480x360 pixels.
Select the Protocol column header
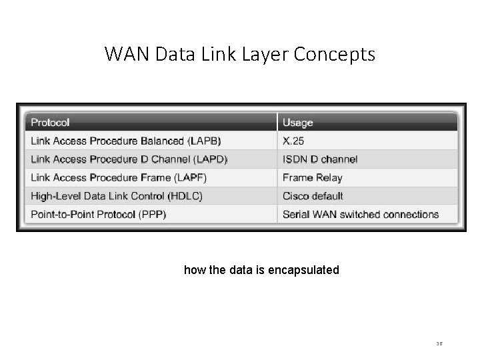50,123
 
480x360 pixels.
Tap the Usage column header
297,123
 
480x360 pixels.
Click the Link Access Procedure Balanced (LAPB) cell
126,141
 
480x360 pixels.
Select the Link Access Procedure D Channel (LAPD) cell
129,159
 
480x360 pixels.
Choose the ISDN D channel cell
319,159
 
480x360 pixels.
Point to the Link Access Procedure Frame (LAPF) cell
119,177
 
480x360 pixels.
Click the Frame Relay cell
312,177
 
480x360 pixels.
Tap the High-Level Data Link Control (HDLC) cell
117,196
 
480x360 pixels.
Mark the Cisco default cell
313,196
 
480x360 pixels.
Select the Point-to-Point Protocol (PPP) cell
98,214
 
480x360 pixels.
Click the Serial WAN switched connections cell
360,214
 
